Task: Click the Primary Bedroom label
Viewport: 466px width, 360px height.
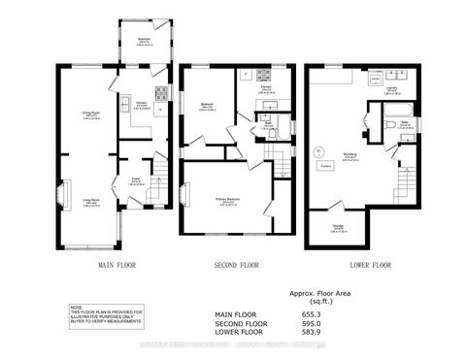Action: [x=228, y=202]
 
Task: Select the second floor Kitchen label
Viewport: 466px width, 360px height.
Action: [x=264, y=87]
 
